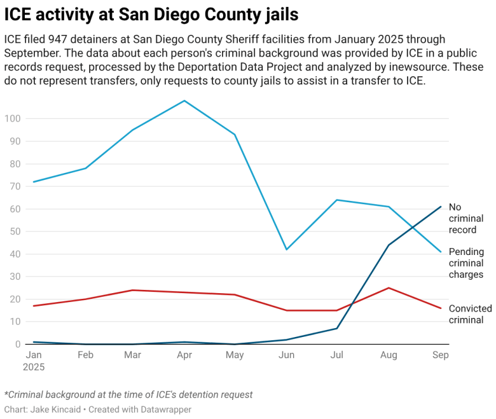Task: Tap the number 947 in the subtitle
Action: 62,39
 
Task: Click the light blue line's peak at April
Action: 184,100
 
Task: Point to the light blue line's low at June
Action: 287,249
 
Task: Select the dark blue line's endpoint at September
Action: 441,207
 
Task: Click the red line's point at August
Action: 389,288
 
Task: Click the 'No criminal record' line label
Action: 466,218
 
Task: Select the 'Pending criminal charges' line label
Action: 466,263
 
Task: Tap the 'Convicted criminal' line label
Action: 470,314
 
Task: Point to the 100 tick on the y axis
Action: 13,119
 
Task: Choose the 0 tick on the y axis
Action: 18,344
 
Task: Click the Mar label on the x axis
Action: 133,355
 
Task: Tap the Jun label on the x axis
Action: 287,355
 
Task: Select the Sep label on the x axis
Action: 441,355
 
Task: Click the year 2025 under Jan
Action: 34,367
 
